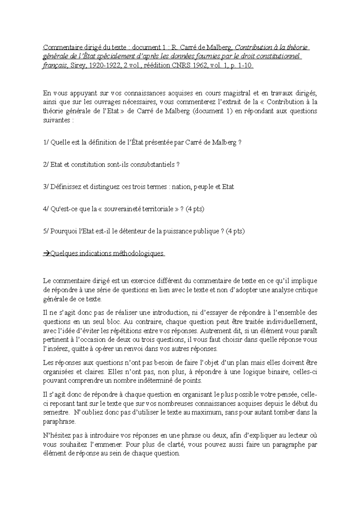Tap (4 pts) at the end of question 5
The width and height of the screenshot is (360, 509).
[235, 231]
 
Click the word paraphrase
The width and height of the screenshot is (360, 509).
[58, 421]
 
